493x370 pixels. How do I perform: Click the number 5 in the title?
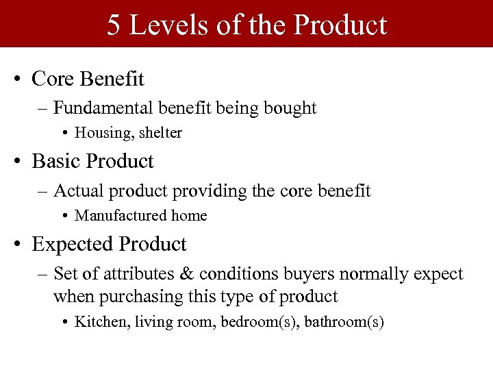point(114,25)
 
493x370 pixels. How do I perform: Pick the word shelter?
point(160,133)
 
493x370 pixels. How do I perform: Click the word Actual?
point(76,190)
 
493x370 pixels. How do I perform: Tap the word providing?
point(213,190)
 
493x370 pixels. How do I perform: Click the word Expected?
point(73,244)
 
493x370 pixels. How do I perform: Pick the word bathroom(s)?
point(344,322)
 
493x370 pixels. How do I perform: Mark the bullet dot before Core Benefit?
point(18,80)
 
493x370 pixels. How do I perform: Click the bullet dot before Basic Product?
point(18,162)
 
